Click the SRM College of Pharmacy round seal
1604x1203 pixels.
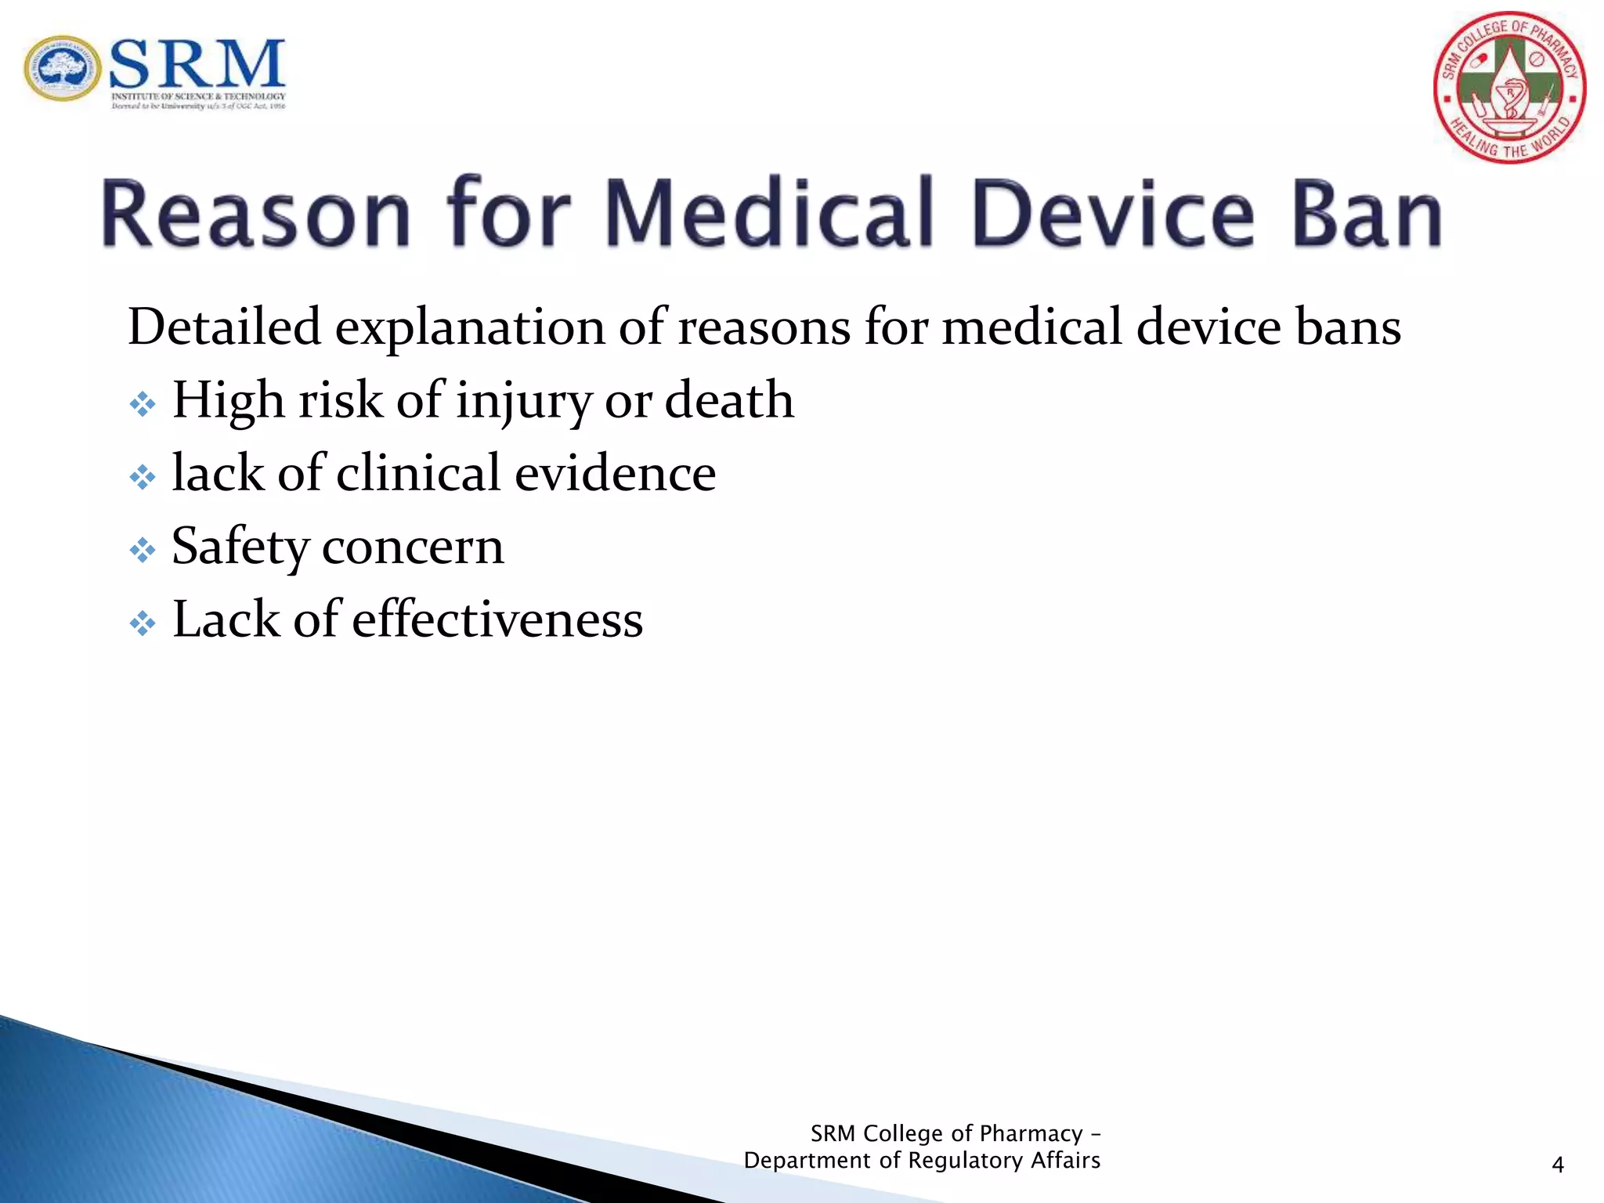[1509, 88]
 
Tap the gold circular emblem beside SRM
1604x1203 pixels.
[62, 68]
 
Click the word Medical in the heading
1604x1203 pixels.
[770, 212]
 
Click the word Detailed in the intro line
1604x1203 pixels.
[225, 327]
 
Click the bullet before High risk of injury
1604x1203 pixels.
[143, 405]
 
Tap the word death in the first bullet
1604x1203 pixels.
[729, 400]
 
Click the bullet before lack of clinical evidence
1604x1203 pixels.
[143, 478]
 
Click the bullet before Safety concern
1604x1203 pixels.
[143, 551]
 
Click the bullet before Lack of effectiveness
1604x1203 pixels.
[143, 624]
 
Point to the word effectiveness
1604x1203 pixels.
[497, 620]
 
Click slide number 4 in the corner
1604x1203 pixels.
[1557, 1165]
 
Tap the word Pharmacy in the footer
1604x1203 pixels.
[1031, 1133]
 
